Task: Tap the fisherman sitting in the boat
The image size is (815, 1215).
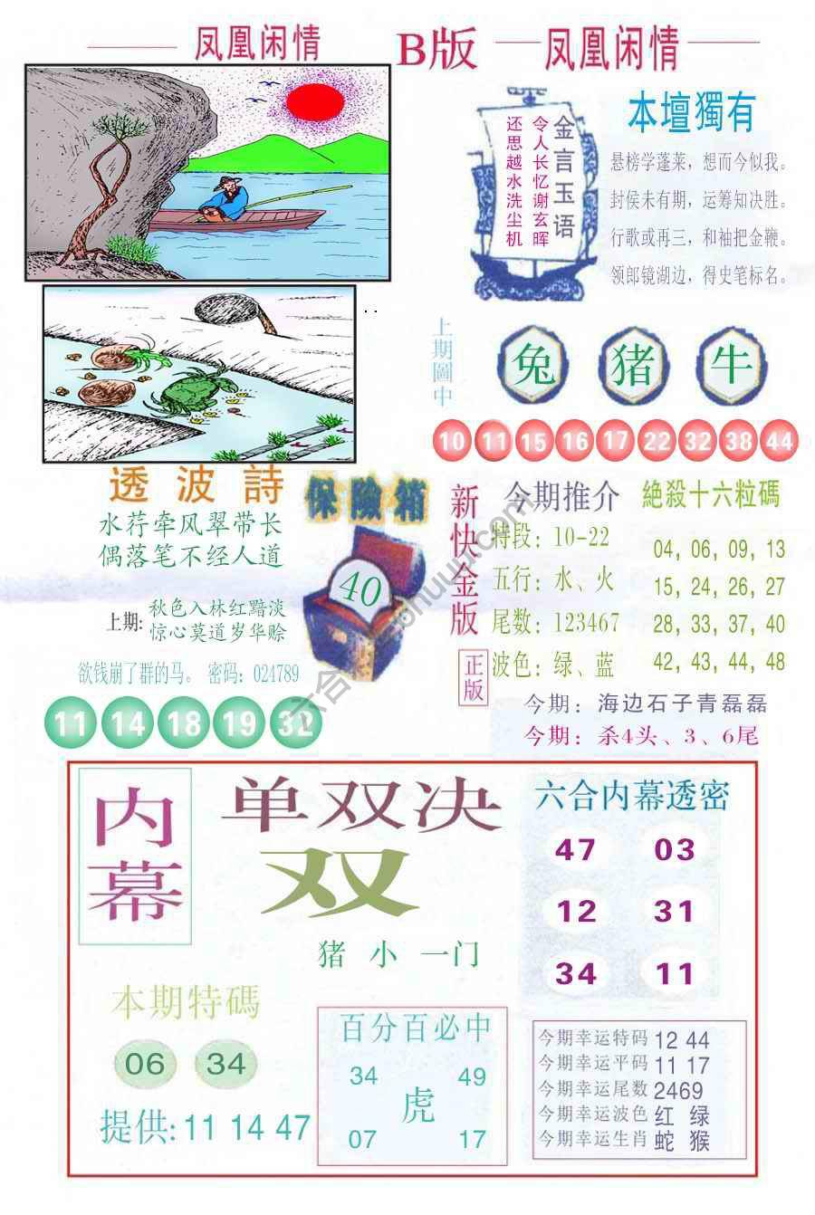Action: click(x=226, y=196)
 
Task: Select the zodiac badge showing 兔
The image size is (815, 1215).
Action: click(x=534, y=367)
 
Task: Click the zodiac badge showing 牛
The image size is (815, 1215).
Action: click(x=731, y=364)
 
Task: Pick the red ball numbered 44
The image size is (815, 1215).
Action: click(x=780, y=442)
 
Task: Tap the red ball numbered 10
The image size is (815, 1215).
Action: click(x=454, y=442)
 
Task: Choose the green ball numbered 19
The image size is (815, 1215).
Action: click(x=239, y=722)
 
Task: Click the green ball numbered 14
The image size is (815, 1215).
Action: click(x=129, y=722)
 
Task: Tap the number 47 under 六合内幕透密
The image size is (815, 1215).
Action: click(x=574, y=849)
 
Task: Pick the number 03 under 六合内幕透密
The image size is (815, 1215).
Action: click(x=674, y=849)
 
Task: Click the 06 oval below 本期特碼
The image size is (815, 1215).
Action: click(x=145, y=1063)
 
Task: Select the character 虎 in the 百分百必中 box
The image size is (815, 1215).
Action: click(x=417, y=1105)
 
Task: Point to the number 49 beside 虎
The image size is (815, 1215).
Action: click(x=472, y=1076)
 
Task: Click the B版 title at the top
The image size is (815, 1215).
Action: click(x=436, y=52)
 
